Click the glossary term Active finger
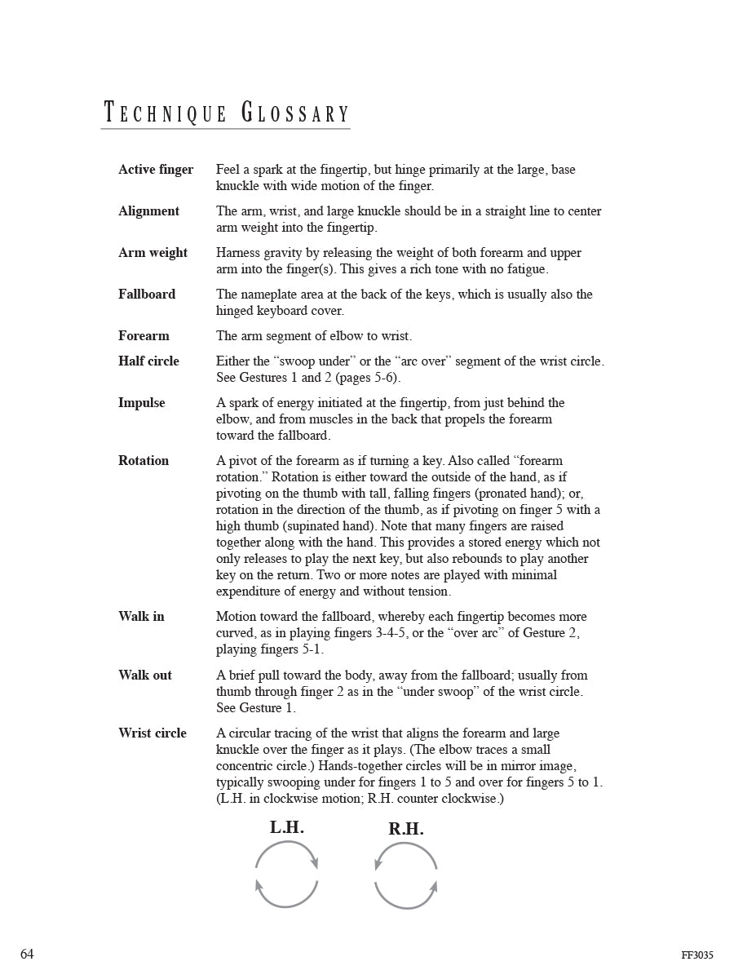[156, 170]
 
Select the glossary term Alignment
[148, 211]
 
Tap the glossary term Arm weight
[153, 253]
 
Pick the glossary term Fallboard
[147, 295]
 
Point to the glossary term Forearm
[144, 336]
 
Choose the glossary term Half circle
[148, 361]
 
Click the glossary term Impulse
[141, 403]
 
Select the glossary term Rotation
[144, 461]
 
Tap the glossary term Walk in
[141, 617]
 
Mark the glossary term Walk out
[145, 676]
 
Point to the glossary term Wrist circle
[153, 733]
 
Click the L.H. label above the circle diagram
[287, 828]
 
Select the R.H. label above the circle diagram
[406, 830]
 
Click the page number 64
[27, 955]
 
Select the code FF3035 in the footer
[697, 955]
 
